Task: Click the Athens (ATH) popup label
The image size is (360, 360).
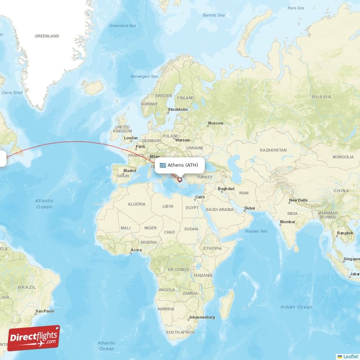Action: pos(183,165)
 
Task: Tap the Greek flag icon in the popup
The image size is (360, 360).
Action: pos(162,165)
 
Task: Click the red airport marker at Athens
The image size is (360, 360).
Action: pos(180,180)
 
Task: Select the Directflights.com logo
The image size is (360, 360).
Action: pos(34,338)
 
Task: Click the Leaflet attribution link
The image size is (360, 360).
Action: pos(350,356)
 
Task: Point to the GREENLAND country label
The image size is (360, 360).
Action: pos(47,36)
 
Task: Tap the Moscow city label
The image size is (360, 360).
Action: pos(216,123)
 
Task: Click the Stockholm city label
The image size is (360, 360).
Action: pos(178,109)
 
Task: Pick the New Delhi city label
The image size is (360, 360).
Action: pos(298,200)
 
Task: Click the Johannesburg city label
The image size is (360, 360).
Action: pos(202,317)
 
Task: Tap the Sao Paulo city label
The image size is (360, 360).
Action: pos(45,311)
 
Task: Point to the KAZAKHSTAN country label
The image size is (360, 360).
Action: pos(273,150)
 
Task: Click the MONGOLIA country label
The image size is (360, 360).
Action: pos(343,157)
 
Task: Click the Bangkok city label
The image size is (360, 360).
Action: pos(344,233)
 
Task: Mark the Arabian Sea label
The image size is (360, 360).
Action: pos(256,231)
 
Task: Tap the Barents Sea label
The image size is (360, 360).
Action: pos(214,15)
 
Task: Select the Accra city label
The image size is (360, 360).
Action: pos(135,250)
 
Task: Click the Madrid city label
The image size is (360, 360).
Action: pos(130,171)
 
